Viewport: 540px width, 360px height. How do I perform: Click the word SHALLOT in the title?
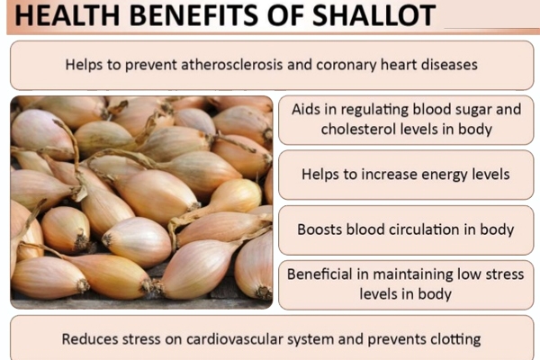tap(373, 15)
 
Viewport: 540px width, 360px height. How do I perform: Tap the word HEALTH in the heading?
tap(67, 15)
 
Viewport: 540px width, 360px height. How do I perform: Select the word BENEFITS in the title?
tap(193, 15)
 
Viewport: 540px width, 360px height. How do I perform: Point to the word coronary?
tap(346, 66)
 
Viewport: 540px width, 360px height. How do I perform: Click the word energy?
tap(445, 175)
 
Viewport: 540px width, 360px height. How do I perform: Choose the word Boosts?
tap(319, 229)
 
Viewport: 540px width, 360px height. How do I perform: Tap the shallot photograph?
tap(141, 202)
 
